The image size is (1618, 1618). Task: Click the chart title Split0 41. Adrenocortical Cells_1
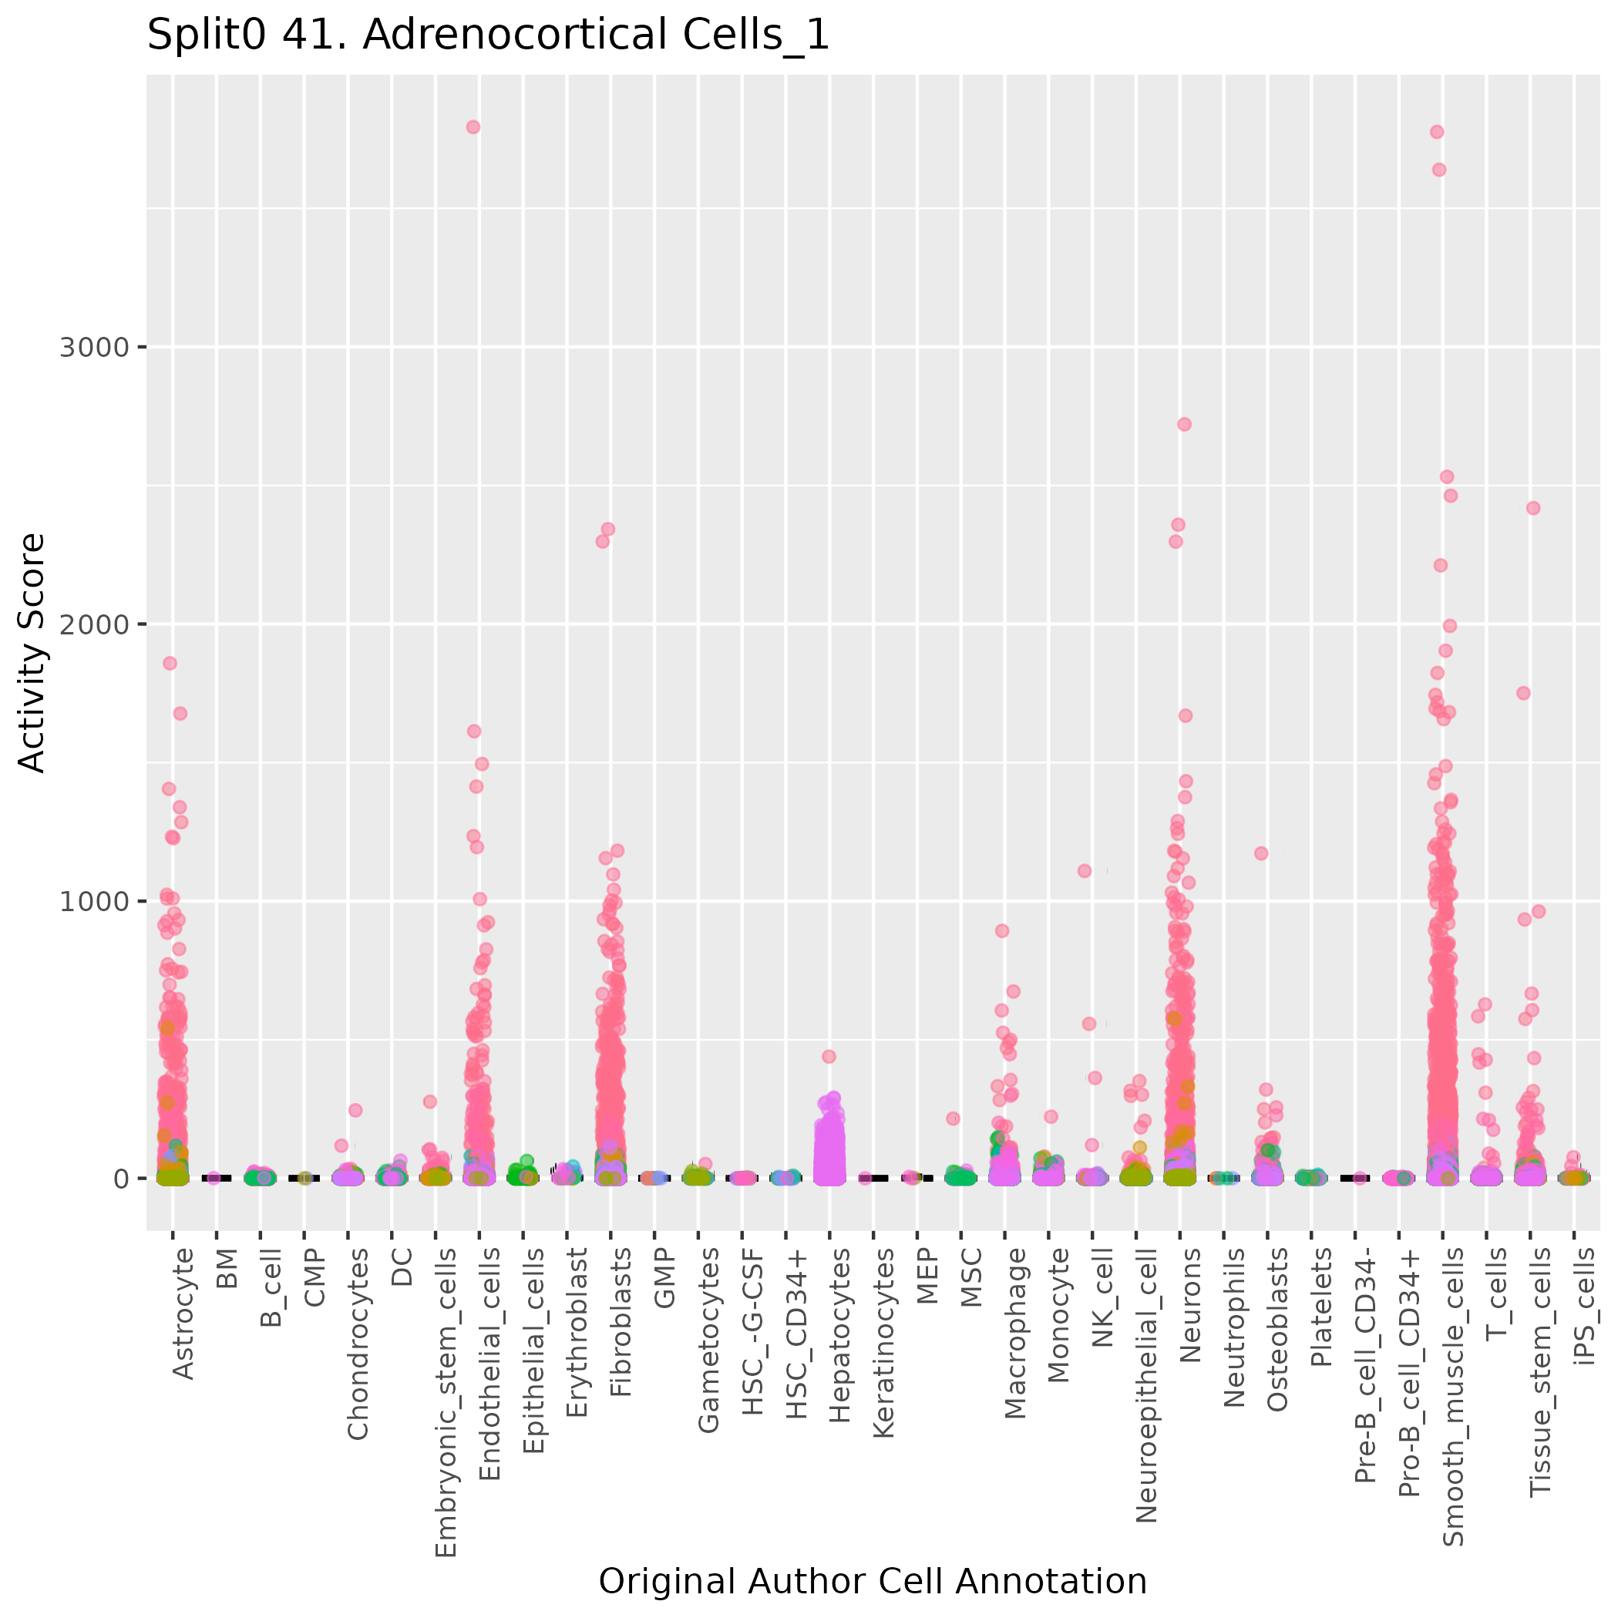[488, 36]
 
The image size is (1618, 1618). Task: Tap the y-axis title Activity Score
[32, 652]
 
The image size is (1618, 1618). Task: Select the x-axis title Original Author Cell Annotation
[873, 1581]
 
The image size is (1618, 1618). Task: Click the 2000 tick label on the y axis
[94, 624]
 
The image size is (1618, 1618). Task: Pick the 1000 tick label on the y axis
[94, 901]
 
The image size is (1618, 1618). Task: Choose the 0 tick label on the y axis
[119, 1179]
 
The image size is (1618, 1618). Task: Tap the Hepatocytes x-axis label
[840, 1335]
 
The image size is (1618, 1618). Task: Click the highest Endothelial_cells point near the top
[473, 127]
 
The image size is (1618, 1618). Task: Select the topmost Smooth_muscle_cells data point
[1437, 132]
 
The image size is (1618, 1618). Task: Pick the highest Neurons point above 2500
[1184, 425]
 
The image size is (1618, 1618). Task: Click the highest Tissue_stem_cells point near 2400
[1533, 507]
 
